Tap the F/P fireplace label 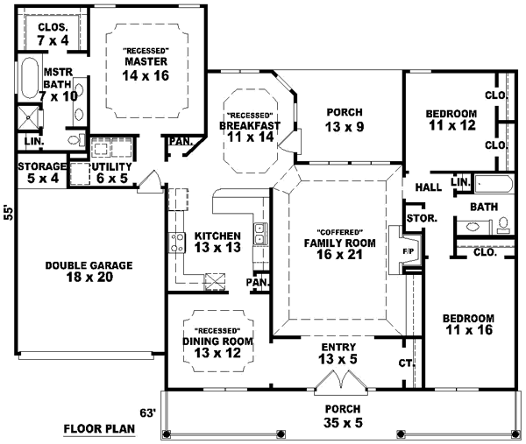407,251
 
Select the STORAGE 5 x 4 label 41,173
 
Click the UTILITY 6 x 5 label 112,173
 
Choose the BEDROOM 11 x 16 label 467,324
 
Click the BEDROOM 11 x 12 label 451,120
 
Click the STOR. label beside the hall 416,218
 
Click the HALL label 428,187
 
